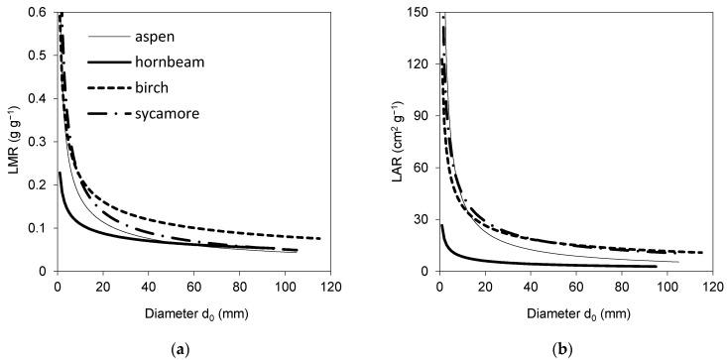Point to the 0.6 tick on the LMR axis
point(41,12)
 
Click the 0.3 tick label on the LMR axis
point(41,141)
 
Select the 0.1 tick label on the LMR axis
point(41,227)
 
